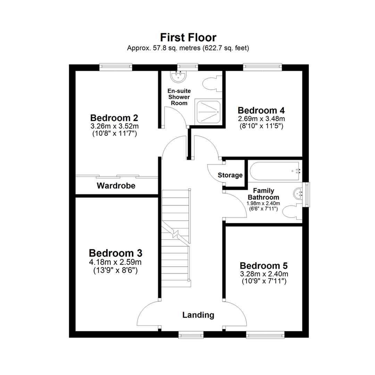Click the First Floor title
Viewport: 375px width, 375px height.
(x=188, y=37)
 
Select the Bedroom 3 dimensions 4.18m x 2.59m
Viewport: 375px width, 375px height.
(x=115, y=262)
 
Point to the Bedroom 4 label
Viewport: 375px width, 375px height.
(x=261, y=110)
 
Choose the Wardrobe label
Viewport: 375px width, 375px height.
(x=116, y=186)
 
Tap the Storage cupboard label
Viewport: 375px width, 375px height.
(x=230, y=175)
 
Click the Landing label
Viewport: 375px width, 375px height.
(x=198, y=315)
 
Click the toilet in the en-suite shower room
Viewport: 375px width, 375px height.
(x=211, y=84)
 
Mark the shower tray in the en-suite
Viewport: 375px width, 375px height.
(x=208, y=111)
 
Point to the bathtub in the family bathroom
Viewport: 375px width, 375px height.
(x=276, y=171)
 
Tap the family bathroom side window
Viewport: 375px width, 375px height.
(x=306, y=194)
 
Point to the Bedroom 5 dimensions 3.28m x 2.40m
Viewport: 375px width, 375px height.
(x=264, y=274)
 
